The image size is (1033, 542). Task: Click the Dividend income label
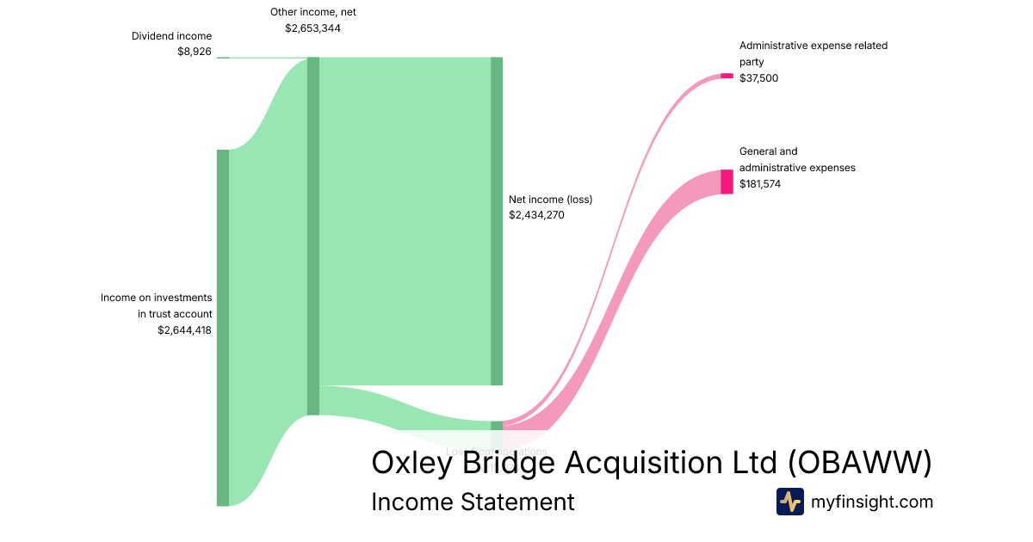[x=171, y=36]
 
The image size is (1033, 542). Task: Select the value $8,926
[x=194, y=52]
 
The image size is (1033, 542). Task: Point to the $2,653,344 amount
[x=312, y=28]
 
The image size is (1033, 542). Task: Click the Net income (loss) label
[x=550, y=200]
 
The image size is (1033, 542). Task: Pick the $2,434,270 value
[x=536, y=215]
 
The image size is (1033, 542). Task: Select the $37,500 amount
[x=759, y=78]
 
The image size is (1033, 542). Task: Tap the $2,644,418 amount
[x=184, y=330]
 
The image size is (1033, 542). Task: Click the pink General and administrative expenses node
[x=727, y=182]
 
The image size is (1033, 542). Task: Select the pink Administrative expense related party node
[x=727, y=76]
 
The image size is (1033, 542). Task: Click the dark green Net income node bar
[x=497, y=221]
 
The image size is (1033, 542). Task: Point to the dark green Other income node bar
[x=313, y=236]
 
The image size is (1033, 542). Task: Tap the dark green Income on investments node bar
[x=223, y=327]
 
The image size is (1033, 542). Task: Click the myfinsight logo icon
[x=789, y=502]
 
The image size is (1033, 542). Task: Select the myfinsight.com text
[x=872, y=502]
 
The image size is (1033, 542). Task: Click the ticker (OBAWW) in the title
[x=860, y=463]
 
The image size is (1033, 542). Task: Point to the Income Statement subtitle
[x=473, y=502]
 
